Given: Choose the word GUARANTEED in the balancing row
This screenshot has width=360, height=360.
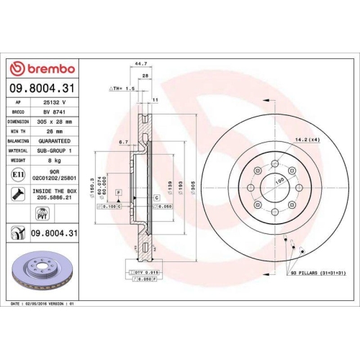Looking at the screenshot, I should click(58, 142).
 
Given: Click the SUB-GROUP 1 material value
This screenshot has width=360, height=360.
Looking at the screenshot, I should click(58, 151).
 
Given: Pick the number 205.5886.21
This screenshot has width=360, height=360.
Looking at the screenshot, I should click(58, 199).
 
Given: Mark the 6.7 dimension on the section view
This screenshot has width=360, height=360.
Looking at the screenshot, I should click(123, 142).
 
